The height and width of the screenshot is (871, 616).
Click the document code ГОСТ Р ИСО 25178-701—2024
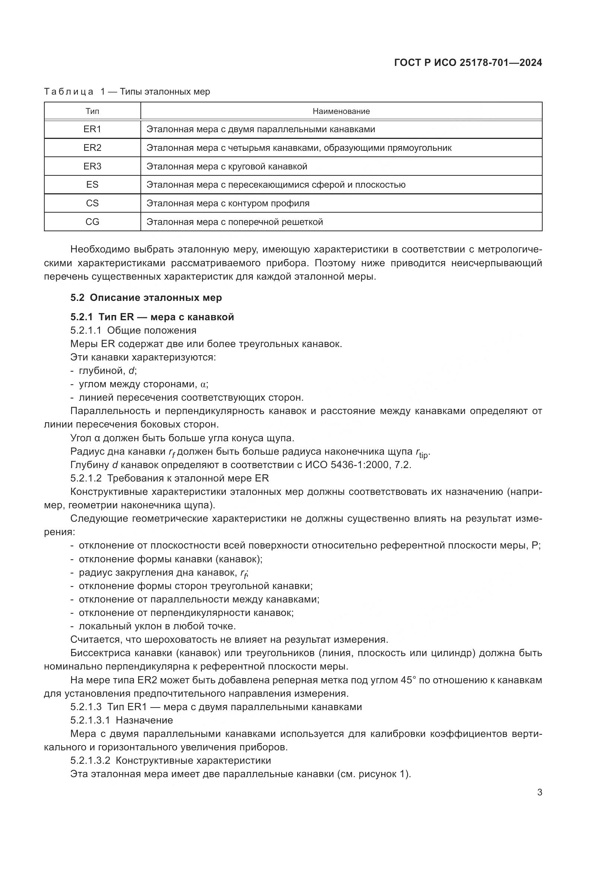pos(468,63)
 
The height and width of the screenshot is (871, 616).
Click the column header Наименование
pos(341,111)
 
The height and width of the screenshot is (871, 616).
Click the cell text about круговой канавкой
pos(226,166)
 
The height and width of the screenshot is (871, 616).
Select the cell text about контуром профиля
pos(228,203)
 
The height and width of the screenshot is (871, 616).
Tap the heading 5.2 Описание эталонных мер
pos(146,298)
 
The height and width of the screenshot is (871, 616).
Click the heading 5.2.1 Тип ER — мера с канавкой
pos(152,317)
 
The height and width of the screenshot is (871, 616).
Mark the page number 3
pos(539,792)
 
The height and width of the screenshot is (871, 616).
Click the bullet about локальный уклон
pos(157,626)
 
